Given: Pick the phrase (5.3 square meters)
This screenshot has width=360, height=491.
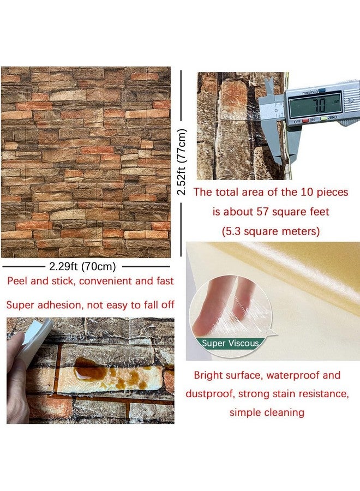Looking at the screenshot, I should (271, 231).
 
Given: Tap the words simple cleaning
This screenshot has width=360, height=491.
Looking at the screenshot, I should (267, 412).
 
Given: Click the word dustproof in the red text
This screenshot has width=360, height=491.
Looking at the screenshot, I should (208, 394).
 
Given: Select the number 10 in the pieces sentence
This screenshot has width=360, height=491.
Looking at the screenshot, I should (298, 192).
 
